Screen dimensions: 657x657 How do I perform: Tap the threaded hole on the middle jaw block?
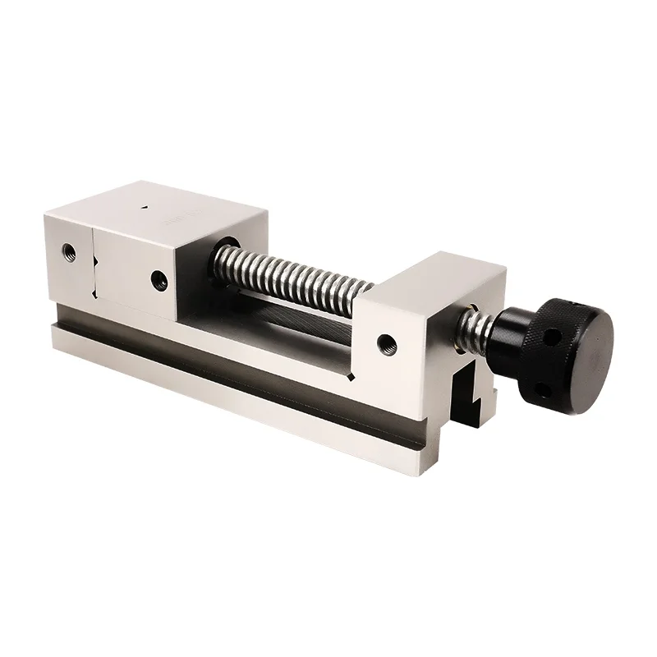tap(157, 279)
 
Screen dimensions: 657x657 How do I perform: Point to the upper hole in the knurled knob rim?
tap(553, 336)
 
